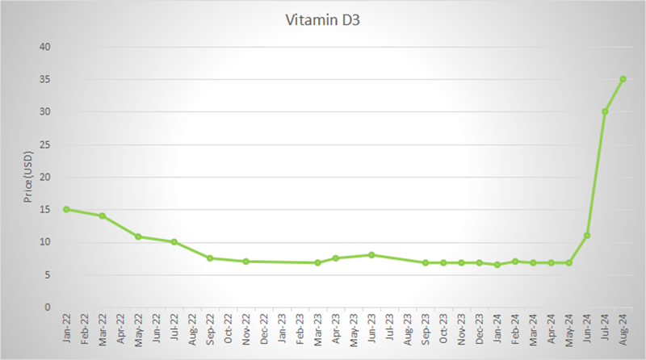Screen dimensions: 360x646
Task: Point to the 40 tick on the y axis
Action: [46, 48]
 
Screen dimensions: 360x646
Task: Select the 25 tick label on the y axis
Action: [46, 144]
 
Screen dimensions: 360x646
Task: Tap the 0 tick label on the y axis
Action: [48, 307]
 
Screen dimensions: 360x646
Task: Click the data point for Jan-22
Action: [66, 209]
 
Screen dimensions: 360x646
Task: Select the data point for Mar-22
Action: [103, 216]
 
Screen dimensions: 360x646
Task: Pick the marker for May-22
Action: [138, 237]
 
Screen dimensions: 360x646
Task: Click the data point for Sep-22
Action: [210, 258]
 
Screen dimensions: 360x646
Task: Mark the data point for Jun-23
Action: [371, 255]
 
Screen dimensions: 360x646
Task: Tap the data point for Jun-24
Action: [587, 235]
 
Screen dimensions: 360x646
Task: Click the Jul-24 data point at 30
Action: [605, 111]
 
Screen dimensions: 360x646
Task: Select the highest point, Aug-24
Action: [623, 79]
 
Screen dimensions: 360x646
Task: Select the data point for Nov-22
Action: [245, 262]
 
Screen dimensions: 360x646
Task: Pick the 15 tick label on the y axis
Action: [46, 209]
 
